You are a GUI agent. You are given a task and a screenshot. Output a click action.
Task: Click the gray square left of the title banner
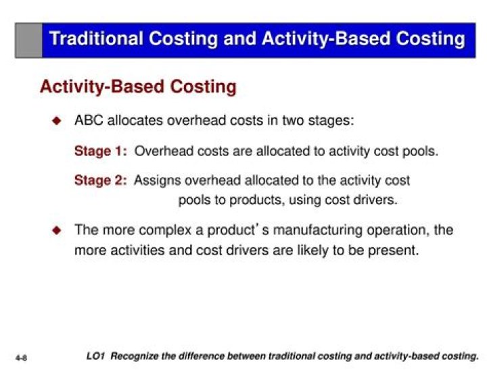[29, 39]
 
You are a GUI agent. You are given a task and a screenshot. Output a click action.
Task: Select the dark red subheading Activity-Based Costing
[138, 87]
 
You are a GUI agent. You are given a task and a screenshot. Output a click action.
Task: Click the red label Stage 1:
[101, 151]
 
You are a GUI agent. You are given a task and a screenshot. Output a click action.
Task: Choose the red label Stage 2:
[101, 180]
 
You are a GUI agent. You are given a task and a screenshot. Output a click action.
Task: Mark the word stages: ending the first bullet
[330, 122]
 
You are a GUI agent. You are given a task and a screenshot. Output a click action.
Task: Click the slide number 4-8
[20, 355]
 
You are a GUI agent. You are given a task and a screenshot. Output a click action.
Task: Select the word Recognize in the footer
[137, 355]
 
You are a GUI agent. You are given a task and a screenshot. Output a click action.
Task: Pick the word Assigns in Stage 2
[158, 180]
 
